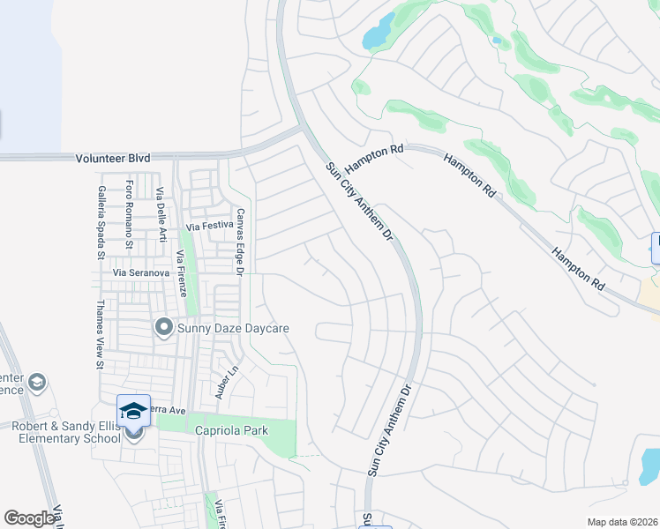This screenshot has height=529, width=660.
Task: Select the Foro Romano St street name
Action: coord(130,212)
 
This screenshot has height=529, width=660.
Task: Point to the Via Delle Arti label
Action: coord(161,215)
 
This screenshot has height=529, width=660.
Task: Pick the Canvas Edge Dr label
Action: coord(238,241)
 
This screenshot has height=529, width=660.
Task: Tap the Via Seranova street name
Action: coord(140,273)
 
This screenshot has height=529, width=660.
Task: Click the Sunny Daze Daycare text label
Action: coord(234,329)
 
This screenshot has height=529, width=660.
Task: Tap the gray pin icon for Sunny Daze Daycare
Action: coord(163,328)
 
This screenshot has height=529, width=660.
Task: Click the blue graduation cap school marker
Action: coord(133,410)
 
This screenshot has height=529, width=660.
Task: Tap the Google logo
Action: coord(29,518)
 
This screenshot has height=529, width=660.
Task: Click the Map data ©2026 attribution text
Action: coord(621,522)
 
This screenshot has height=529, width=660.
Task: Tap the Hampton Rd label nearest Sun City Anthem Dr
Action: coord(373,159)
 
